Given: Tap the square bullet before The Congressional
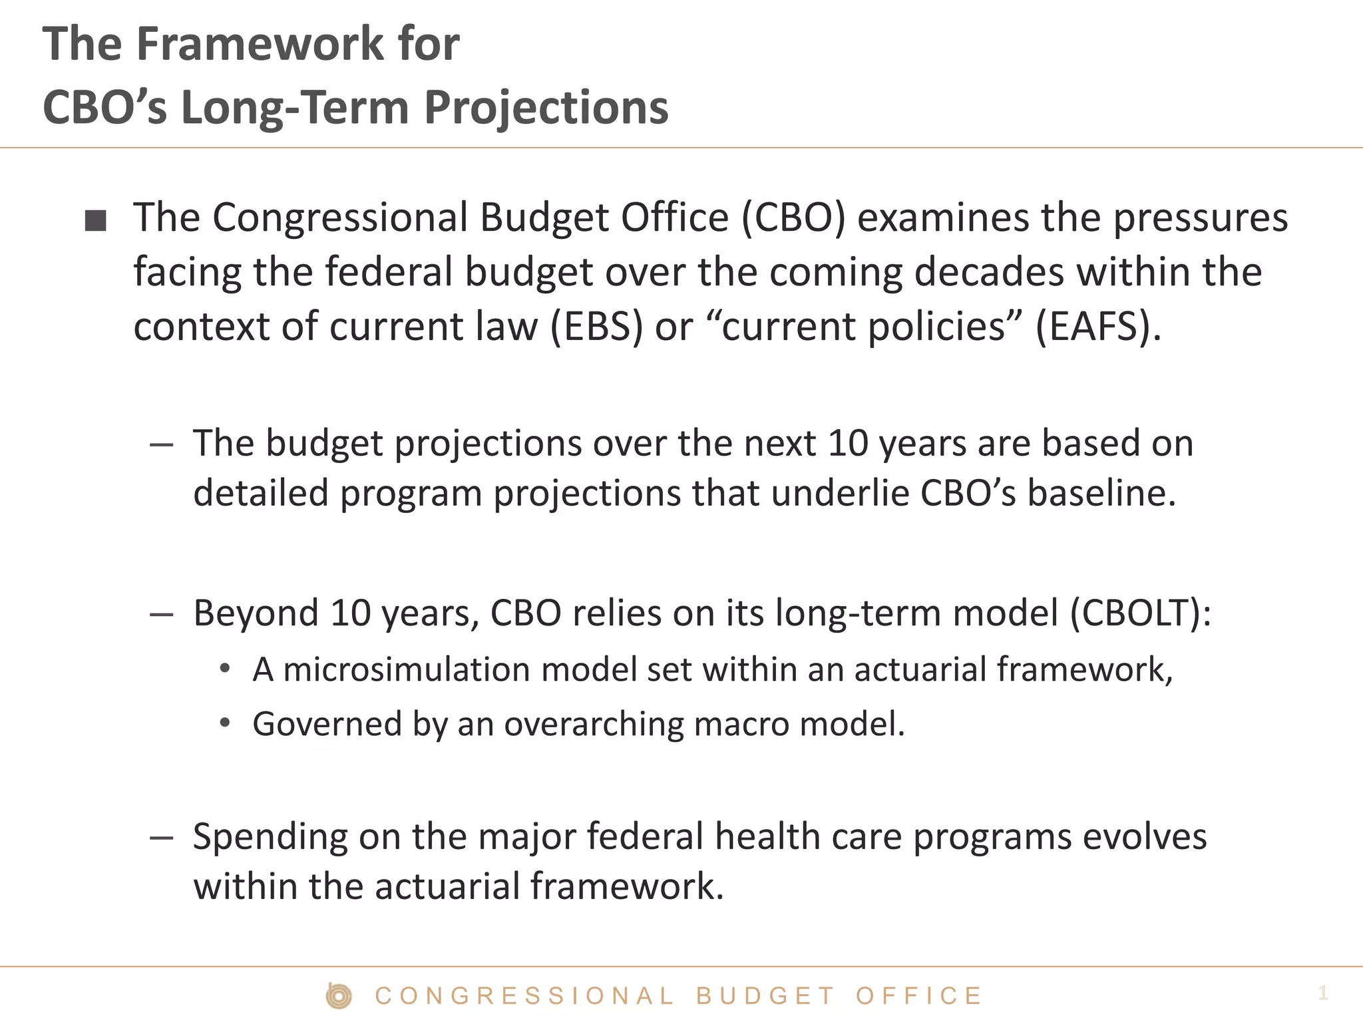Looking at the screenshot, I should tap(96, 220).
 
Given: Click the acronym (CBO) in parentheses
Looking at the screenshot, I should tap(793, 218).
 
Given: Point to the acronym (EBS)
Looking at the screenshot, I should tap(597, 327).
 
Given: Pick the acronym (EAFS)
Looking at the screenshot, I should tap(1098, 327).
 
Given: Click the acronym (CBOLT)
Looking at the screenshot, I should tap(1140, 613).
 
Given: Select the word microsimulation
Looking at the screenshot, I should tap(406, 669).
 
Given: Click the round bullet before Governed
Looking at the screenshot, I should tap(225, 723).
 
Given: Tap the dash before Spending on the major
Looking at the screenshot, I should tap(162, 838).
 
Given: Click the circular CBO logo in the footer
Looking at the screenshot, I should tap(339, 996).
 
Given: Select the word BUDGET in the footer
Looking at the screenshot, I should tap(765, 996).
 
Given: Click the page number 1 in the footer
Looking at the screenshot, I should tap(1322, 993).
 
